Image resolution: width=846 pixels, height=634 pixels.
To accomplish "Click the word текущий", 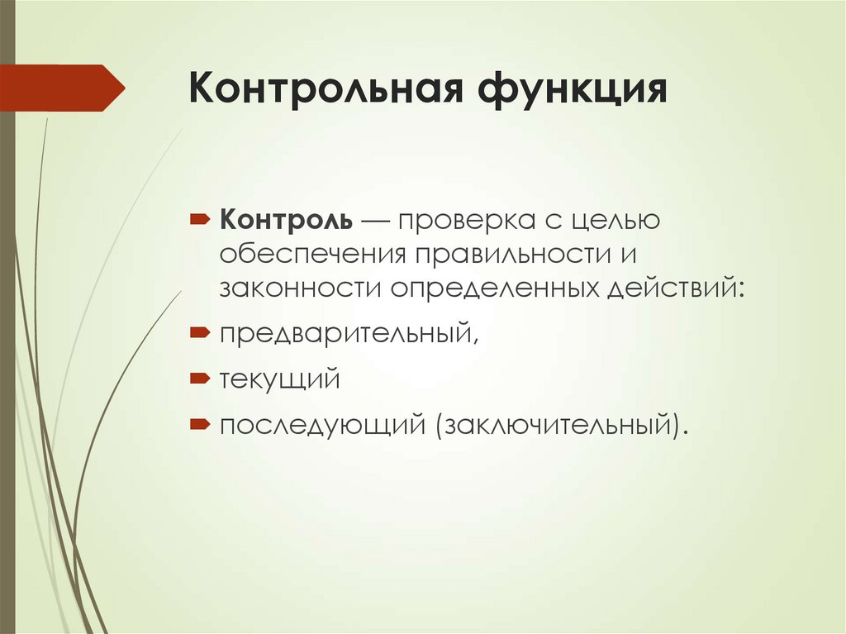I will (280, 379).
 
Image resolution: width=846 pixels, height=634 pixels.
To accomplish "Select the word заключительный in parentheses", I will (556, 426).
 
